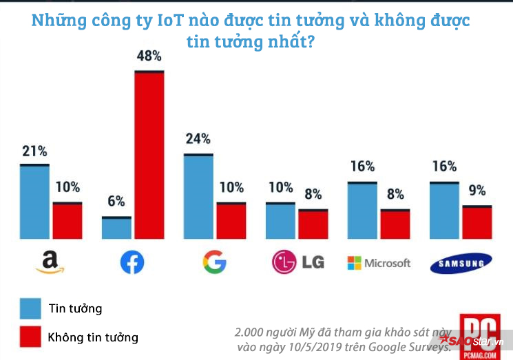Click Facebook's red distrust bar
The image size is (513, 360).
click(x=149, y=155)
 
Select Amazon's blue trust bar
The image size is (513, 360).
click(x=34, y=202)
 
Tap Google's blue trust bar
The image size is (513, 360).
click(x=198, y=197)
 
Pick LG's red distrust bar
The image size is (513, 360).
click(x=313, y=224)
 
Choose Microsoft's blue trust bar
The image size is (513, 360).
click(x=362, y=211)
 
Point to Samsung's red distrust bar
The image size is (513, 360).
click(x=477, y=222)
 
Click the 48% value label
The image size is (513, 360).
click(x=149, y=56)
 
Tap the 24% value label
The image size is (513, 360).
click(x=198, y=138)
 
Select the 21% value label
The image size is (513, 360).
click(x=34, y=150)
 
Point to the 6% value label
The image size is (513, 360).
click(x=116, y=201)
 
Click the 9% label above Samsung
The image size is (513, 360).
click(x=477, y=190)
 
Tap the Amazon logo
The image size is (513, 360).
click(x=49, y=262)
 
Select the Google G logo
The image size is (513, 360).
click(x=214, y=262)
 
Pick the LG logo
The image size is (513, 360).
click(x=297, y=262)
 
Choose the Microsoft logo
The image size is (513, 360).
click(x=378, y=263)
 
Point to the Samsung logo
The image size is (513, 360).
click(x=461, y=262)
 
